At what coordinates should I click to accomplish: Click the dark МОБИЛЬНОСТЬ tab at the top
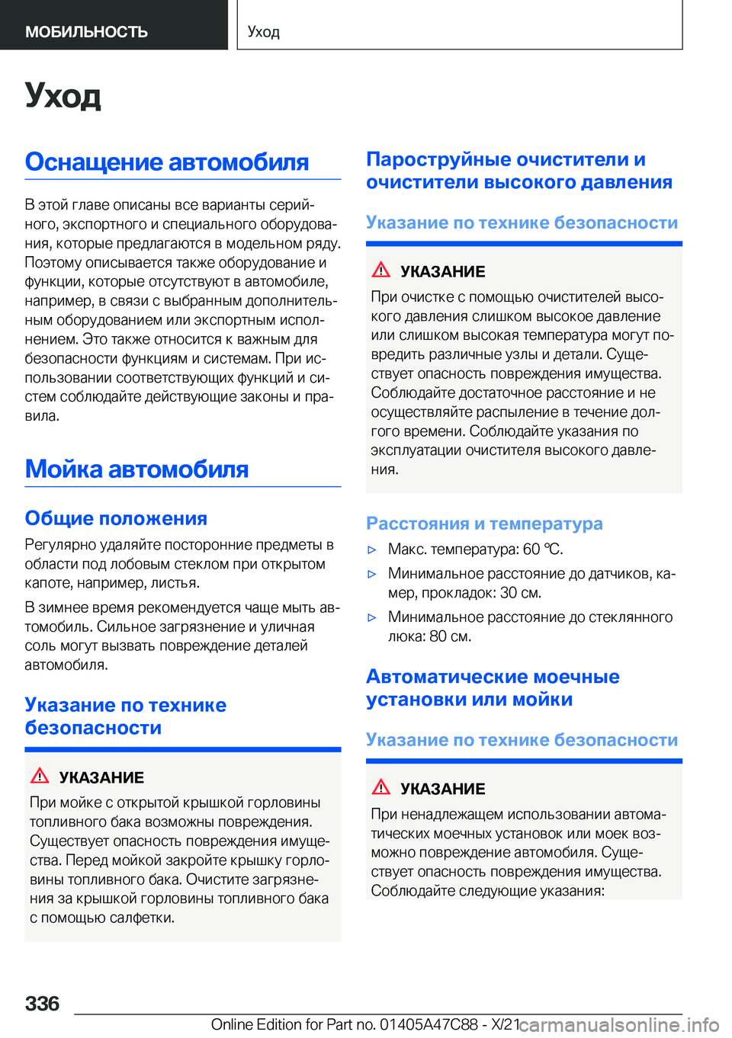[86, 32]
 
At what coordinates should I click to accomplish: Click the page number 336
[42, 1003]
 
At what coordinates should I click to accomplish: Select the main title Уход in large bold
[63, 95]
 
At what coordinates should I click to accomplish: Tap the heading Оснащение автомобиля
[166, 162]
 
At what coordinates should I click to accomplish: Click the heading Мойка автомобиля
[136, 469]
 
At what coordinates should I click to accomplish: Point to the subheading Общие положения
[116, 518]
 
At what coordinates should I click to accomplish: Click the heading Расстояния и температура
[484, 524]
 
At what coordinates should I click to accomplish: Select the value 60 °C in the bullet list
[542, 549]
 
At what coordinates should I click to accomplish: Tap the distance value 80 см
[450, 636]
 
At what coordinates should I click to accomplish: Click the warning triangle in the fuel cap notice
[40, 776]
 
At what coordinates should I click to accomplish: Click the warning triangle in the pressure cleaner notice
[381, 270]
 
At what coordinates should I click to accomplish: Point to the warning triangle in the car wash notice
[381, 787]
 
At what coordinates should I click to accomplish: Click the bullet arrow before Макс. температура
[372, 550]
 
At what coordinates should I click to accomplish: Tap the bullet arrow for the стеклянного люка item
[372, 618]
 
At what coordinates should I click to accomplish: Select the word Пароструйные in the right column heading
[438, 159]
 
